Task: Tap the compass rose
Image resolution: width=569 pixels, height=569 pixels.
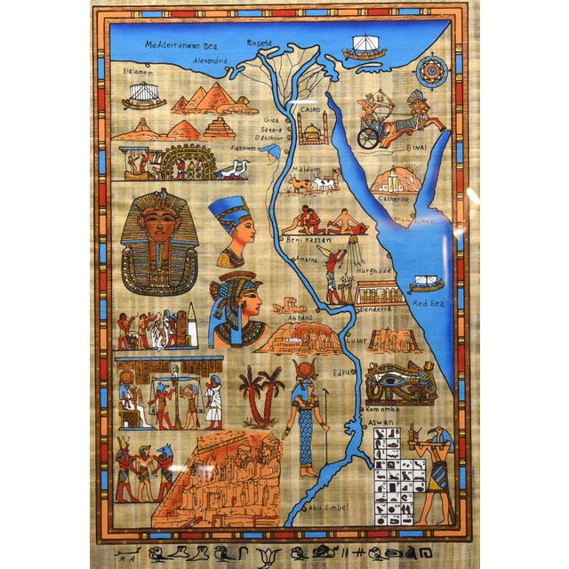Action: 431,70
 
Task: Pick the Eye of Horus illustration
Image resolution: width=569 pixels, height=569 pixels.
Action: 399,382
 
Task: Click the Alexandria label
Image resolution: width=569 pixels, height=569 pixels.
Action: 211,61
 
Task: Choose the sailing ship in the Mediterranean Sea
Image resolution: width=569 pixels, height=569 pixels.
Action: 365,47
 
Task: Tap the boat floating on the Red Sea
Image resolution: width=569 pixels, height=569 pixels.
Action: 425,283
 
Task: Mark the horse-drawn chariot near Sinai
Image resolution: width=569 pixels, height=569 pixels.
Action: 391,120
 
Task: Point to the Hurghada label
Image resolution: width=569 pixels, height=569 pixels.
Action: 374,269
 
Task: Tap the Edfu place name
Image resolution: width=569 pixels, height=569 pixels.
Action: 342,373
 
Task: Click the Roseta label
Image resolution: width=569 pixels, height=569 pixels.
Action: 259,42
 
